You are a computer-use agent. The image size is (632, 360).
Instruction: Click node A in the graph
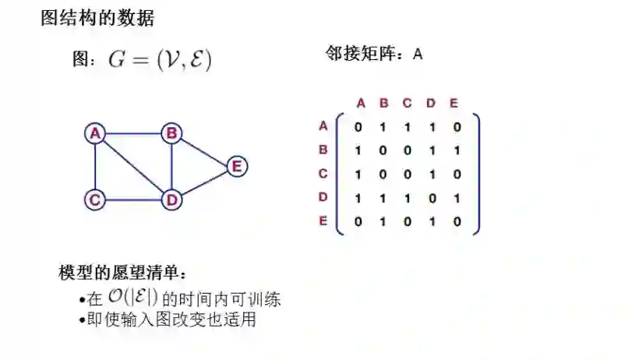pos(95,133)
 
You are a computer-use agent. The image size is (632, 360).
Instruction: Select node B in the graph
pos(171,133)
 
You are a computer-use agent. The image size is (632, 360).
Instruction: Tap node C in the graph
pos(95,199)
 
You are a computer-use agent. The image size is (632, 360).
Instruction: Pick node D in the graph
pos(171,199)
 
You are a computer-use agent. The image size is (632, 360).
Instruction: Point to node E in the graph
pos(237,166)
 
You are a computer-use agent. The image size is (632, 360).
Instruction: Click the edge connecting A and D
pos(133,167)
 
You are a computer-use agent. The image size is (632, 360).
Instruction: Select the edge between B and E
pos(204,150)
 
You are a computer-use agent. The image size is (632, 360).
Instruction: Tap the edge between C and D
pos(133,200)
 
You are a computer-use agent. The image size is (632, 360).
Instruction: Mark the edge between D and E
pos(204,183)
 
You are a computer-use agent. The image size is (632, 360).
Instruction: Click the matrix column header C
pos(407,103)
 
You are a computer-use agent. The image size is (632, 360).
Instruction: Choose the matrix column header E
pos(454,103)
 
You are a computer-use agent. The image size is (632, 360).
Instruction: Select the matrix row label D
pos(323,197)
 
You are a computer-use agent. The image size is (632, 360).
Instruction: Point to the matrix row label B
pos(323,150)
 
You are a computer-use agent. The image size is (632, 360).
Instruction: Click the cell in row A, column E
pos(457,126)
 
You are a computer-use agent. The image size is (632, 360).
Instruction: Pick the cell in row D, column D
pos(431,198)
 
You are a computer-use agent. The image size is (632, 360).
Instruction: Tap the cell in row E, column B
pos(382,221)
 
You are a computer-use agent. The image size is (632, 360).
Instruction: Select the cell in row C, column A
pos(358,174)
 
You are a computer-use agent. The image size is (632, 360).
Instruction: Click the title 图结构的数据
pos(97,17)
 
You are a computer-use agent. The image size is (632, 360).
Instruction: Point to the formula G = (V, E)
pos(160,60)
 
